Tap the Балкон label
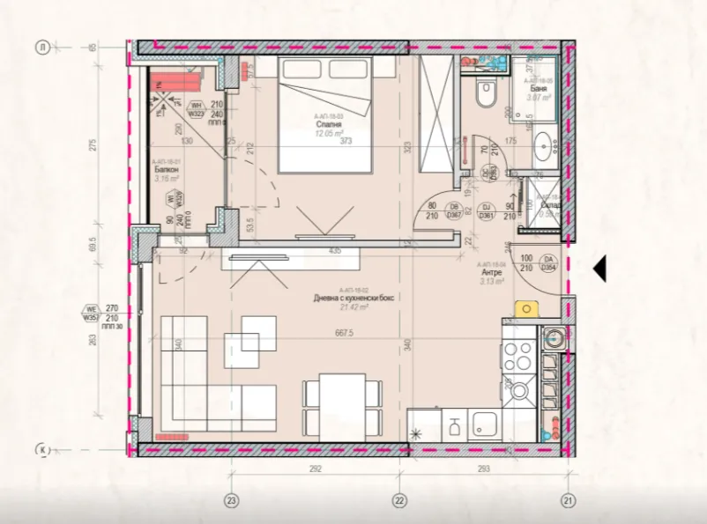coord(163,170)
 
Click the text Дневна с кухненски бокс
coord(353,299)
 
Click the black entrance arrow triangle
coord(599,269)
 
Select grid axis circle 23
coord(232,500)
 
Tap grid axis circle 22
coord(399,500)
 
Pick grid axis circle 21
coord(569,500)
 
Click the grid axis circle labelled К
coord(41,450)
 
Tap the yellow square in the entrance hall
coord(527,309)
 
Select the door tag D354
coord(548,268)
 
